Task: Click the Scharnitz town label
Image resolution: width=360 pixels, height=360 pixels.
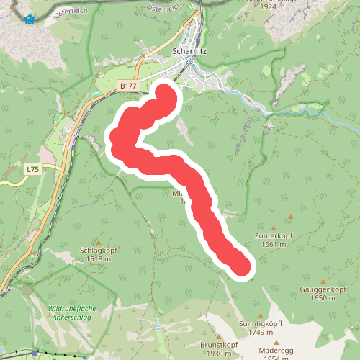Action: coord(191,51)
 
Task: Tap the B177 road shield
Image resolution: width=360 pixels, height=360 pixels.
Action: coord(128,86)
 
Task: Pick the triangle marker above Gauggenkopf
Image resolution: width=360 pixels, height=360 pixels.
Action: coord(323,282)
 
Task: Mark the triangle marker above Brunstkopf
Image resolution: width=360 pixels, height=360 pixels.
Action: coord(220,336)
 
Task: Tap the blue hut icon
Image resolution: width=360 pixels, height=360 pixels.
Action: coord(29,19)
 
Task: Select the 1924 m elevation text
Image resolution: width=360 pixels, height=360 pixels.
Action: coord(279,6)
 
